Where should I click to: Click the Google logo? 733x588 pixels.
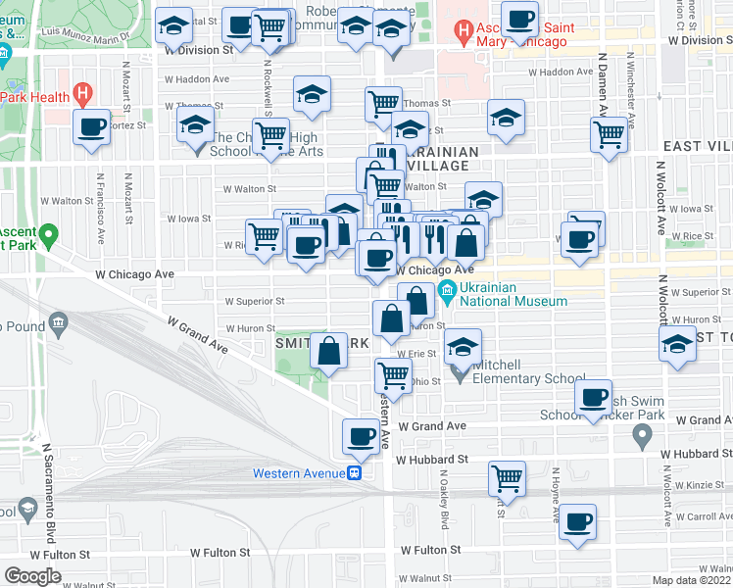coord(33,576)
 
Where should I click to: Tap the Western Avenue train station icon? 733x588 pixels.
coord(357,473)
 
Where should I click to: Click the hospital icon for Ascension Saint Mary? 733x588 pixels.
coord(463,35)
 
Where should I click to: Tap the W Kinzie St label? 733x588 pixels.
coord(695,485)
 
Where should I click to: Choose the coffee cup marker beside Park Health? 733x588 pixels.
coord(93,126)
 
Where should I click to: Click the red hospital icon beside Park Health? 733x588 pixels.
coord(83,96)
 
